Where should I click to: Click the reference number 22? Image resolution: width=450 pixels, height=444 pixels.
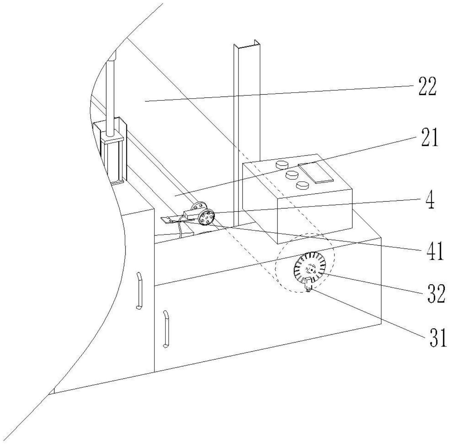tap(427, 86)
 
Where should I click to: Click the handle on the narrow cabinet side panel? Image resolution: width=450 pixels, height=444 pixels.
tap(139, 290)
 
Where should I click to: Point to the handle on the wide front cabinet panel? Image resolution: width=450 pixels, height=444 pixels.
tap(166, 328)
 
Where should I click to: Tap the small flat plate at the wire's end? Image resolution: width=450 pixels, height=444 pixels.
tap(168, 220)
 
